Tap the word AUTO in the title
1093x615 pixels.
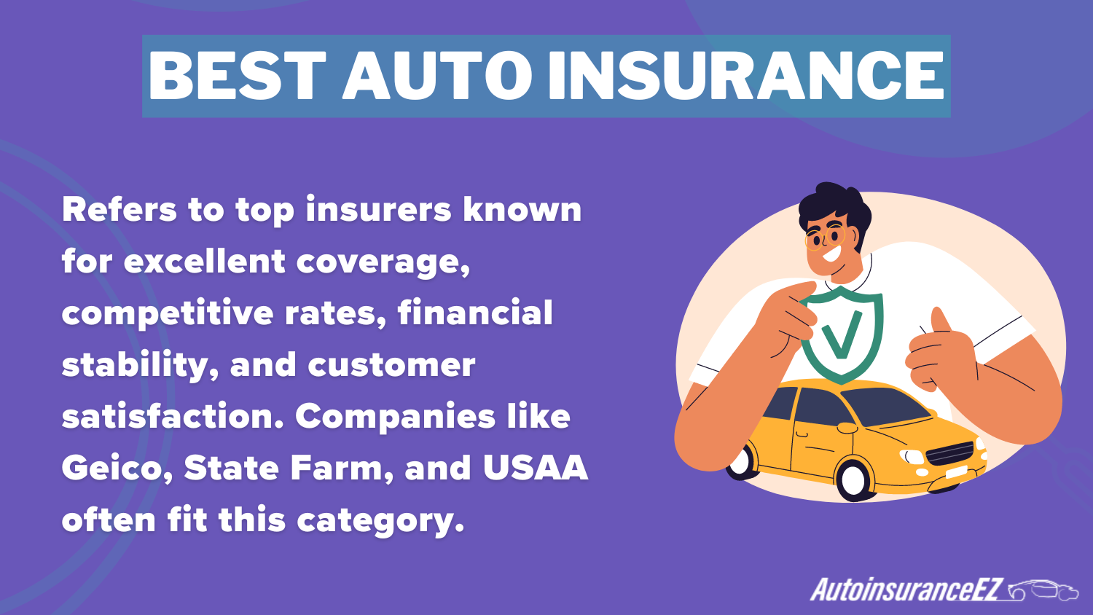point(437,76)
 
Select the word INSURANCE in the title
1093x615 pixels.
point(746,76)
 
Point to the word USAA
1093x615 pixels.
point(535,468)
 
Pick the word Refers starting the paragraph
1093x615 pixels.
point(120,210)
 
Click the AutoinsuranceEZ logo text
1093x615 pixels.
point(907,589)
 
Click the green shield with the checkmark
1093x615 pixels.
point(842,334)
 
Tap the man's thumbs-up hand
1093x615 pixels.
point(940,350)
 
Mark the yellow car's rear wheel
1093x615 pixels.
point(741,461)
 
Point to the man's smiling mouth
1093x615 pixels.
point(831,256)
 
